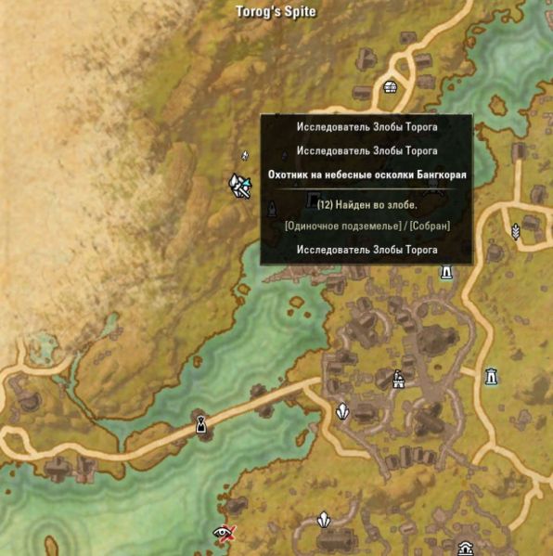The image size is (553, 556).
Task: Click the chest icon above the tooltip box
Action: click(391, 88)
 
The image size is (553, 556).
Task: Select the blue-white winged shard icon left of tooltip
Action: click(241, 185)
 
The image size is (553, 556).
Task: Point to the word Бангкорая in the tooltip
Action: click(434, 175)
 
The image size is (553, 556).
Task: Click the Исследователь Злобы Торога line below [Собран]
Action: click(367, 250)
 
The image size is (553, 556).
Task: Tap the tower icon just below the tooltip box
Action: click(446, 271)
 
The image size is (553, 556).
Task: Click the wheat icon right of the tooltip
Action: click(516, 230)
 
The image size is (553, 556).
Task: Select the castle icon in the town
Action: click(399, 379)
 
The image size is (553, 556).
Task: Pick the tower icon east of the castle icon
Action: click(491, 376)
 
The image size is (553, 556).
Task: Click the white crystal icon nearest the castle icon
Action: click(342, 409)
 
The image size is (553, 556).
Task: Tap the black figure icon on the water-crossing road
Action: click(199, 425)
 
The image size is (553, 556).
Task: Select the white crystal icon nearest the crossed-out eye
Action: click(324, 521)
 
